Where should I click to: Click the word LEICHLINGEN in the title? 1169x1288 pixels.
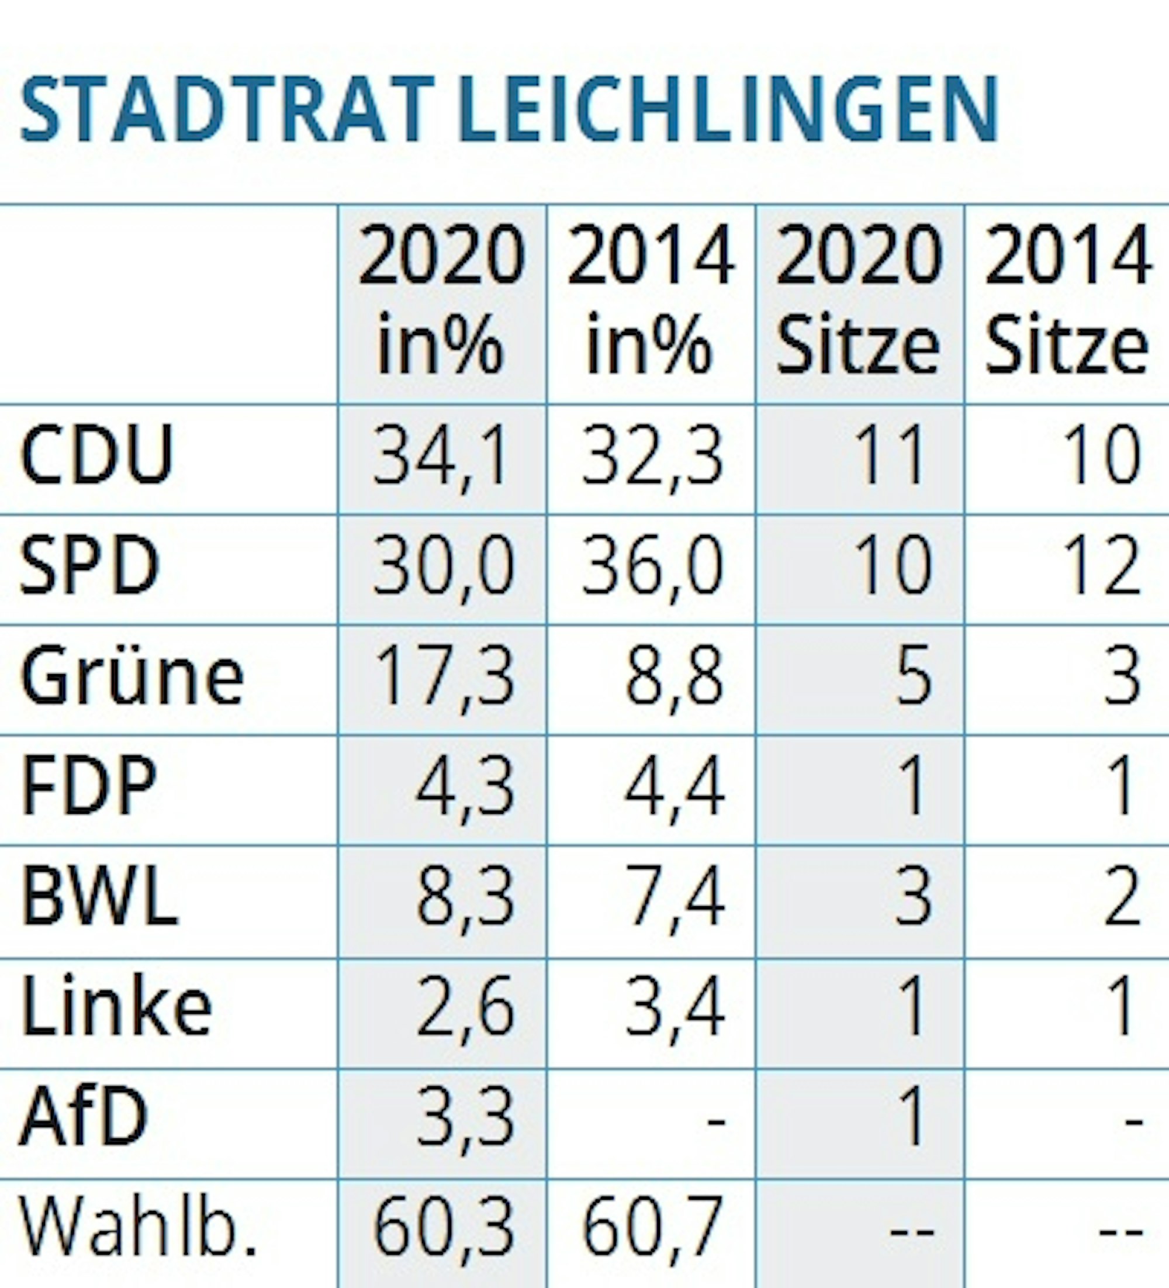point(728,109)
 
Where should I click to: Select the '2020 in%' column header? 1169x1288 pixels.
point(441,301)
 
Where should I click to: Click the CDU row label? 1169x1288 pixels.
point(97,455)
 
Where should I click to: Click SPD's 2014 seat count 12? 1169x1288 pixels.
point(1102,566)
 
